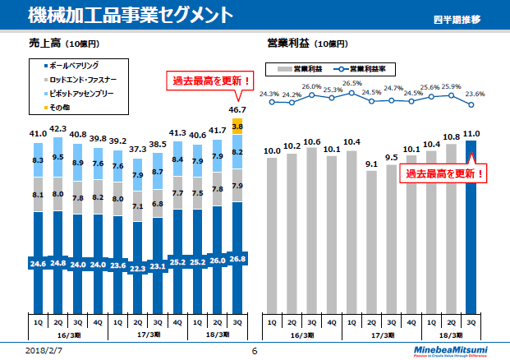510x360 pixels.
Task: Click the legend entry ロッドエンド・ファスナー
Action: point(81,80)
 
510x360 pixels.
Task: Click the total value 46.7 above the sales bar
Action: point(238,109)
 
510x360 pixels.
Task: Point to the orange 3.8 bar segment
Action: point(238,127)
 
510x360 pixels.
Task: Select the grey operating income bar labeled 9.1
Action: point(373,241)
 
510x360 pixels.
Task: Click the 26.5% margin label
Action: point(352,84)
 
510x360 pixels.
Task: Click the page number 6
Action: point(255,351)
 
